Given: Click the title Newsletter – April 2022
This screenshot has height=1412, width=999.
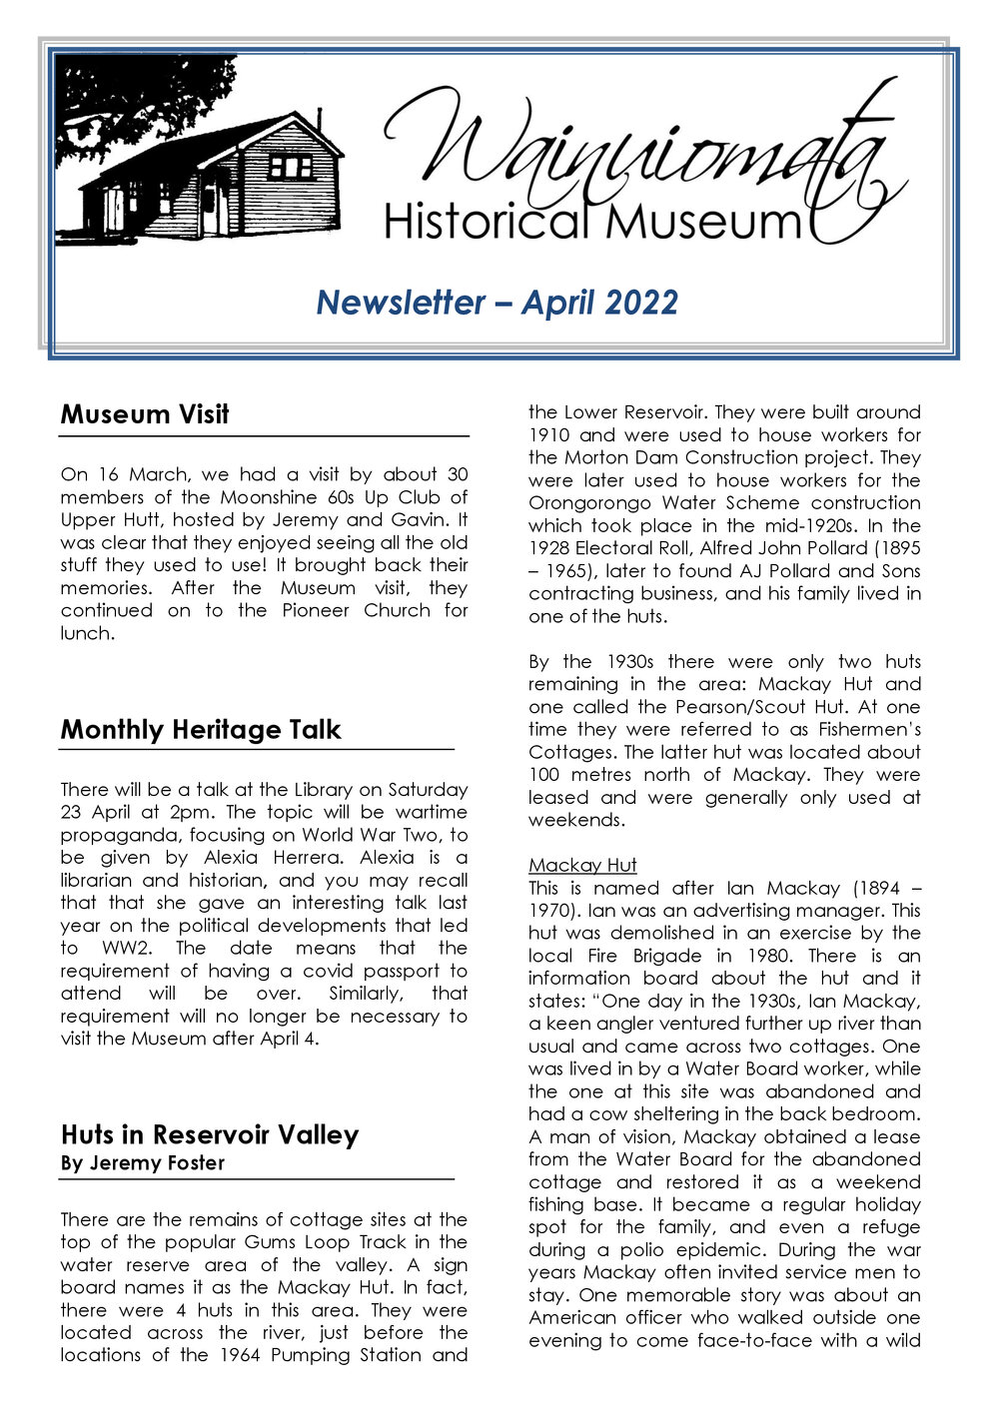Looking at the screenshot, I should [x=497, y=302].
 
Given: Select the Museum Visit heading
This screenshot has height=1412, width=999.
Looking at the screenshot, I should [x=145, y=414].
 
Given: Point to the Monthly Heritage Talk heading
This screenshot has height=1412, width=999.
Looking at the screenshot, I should [x=201, y=730].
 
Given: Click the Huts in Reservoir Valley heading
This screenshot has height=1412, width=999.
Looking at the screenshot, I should [x=209, y=1135].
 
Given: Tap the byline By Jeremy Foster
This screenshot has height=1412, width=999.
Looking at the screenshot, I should [x=143, y=1163].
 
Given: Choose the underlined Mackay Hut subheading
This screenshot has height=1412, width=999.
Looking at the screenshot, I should [x=582, y=865].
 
